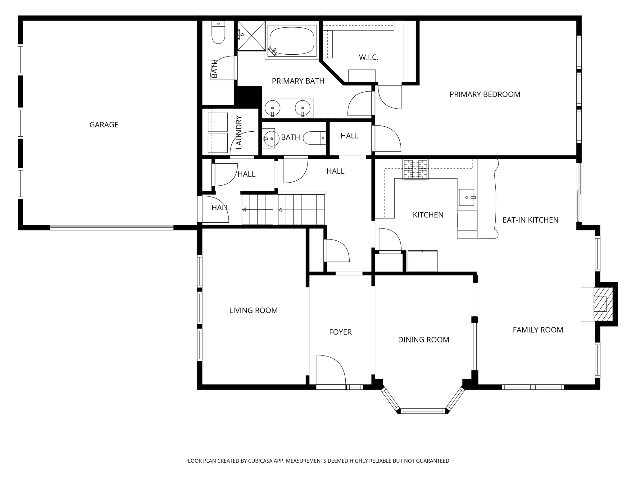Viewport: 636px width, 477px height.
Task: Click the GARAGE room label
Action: coord(104,125)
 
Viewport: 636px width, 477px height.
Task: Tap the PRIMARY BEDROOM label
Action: coord(485,94)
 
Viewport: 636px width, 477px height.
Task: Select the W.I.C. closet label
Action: coord(369,57)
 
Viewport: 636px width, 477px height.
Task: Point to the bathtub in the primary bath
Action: coord(292,40)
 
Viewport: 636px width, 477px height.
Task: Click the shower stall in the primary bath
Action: coord(252,35)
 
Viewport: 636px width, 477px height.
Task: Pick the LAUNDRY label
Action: coord(239,132)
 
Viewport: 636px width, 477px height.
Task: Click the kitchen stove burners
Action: coord(415,170)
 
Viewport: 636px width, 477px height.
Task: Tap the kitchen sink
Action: coord(467,198)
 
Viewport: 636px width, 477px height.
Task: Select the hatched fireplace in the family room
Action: coord(603,304)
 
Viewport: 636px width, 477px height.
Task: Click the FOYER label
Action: coord(340,332)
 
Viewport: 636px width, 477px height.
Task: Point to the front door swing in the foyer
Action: coord(331,370)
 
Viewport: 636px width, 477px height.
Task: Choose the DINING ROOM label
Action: coord(424,340)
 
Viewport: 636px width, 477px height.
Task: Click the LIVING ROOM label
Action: coord(253,311)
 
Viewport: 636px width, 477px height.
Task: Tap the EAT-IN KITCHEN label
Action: coord(530,220)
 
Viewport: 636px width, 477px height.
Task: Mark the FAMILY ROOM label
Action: coord(538,330)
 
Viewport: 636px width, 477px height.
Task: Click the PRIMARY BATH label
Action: coord(298,81)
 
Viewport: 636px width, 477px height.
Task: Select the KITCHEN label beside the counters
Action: coord(428,215)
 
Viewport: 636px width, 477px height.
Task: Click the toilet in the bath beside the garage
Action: coord(218,32)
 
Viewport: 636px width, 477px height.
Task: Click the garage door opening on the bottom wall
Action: coord(111,228)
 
